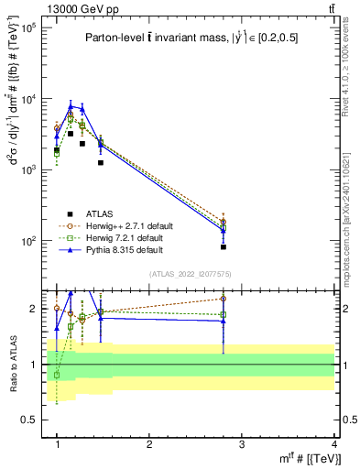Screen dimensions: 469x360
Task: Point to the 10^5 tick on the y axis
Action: (27, 28)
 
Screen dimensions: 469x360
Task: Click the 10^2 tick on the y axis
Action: (27, 241)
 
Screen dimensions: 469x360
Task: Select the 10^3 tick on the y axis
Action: (27, 170)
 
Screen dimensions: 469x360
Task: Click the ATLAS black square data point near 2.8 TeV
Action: (224, 246)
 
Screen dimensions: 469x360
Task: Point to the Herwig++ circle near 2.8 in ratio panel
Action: (224, 299)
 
